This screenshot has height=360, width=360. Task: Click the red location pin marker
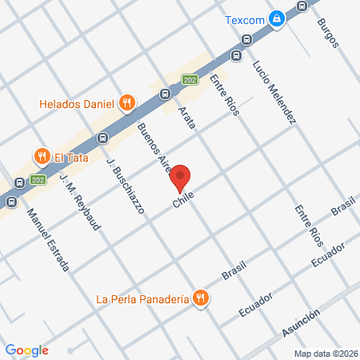(181, 178)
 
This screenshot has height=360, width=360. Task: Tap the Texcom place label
(244, 19)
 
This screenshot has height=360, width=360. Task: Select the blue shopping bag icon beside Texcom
(276, 19)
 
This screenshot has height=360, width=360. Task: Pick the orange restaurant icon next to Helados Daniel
(126, 102)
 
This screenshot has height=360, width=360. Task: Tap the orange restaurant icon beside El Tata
(38, 154)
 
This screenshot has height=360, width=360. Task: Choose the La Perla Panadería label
(142, 299)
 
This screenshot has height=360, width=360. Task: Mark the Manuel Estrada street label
(47, 239)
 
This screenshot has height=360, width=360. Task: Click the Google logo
(27, 350)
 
